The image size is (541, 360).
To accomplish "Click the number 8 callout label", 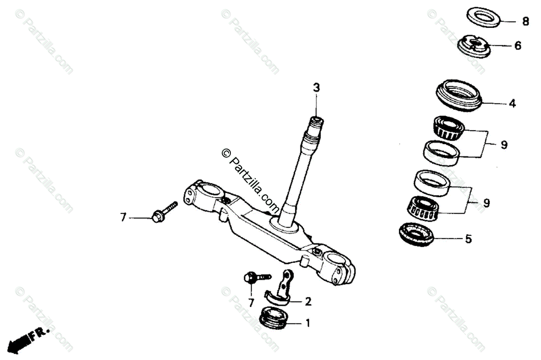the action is point(525,21).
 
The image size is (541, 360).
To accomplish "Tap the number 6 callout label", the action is point(518,46).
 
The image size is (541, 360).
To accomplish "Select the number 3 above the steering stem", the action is point(316,87).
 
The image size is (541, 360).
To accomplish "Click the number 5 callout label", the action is point(468,239).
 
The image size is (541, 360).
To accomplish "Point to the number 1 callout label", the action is point(308,323).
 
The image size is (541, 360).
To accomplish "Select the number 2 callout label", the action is point(308,301).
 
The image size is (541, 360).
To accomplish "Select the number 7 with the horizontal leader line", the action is point(123,218).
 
